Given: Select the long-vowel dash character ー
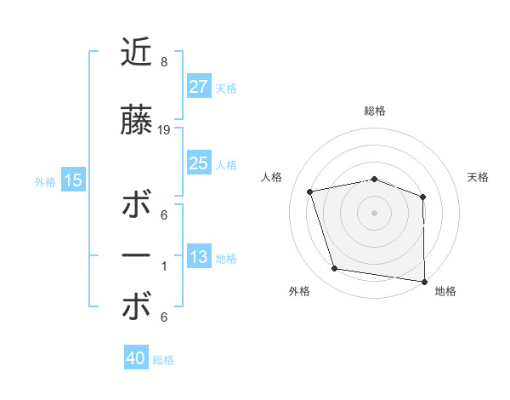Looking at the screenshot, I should click(137, 256).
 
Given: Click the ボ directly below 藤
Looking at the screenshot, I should click(137, 206).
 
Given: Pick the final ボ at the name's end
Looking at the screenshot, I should click(137, 307).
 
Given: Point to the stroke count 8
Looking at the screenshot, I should click(164, 62).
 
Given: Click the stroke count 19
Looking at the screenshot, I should click(165, 130).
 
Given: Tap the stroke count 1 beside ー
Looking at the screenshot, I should click(164, 266).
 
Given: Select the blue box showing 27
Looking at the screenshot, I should click(198, 87).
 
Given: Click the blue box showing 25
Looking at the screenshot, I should click(198, 163).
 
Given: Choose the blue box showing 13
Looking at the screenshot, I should click(198, 257).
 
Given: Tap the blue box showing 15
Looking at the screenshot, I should click(72, 180).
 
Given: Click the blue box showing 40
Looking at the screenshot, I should click(136, 358).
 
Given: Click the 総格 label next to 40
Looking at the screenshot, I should click(163, 360).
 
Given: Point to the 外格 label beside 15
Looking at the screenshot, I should click(45, 181).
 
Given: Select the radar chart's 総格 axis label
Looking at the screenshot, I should click(375, 111).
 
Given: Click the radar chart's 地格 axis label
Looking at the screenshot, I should click(445, 291).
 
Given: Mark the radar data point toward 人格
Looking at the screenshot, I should click(310, 191).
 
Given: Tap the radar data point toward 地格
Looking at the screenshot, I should click(424, 281).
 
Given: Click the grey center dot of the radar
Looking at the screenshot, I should click(374, 212).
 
